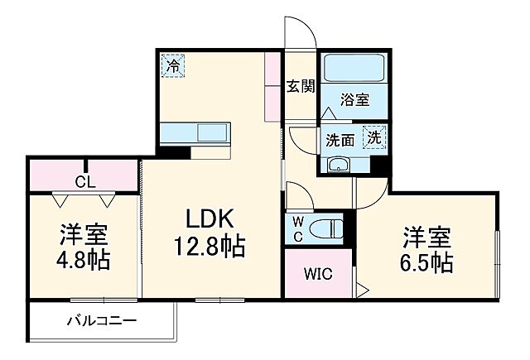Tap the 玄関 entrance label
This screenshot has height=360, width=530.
pyautogui.click(x=301, y=86)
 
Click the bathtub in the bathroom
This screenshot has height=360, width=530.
pyautogui.click(x=348, y=70)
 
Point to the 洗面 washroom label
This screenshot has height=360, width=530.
pyautogui.click(x=340, y=140)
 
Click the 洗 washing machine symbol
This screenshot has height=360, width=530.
pyautogui.click(x=374, y=137)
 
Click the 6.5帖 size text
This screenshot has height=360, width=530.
pyautogui.click(x=427, y=264)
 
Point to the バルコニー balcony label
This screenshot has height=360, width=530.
pyautogui.click(x=102, y=320)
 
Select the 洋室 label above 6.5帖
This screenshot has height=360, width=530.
pyautogui.click(x=427, y=236)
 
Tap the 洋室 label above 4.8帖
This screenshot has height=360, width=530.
pyautogui.click(x=83, y=233)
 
